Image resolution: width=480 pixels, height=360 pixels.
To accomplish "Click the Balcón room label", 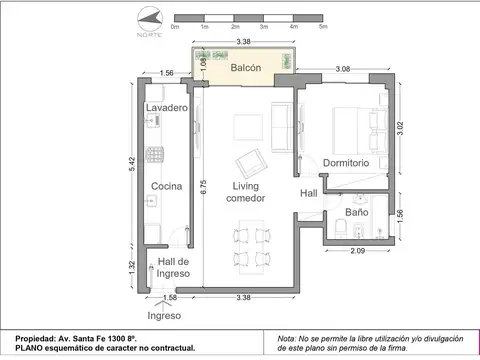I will tap(246, 68).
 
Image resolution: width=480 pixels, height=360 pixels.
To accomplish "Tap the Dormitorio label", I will tap(346, 162).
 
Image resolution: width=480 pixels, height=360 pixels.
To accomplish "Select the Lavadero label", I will tap(166, 107).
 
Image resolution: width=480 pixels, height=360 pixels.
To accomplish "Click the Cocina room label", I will tap(166, 187).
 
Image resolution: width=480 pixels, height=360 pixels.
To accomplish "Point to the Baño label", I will tap(357, 212).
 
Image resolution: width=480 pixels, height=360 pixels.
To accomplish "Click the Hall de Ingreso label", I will tap(174, 267).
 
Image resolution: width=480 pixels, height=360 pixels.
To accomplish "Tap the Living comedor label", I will tap(246, 192).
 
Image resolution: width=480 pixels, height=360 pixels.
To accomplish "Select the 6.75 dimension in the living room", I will tap(204, 189).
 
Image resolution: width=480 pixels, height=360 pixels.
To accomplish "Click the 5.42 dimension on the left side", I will tap(132, 168).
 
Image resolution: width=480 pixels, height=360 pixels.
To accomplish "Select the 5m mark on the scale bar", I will tap(323, 27).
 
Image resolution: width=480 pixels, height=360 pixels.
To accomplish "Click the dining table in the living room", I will tap(247, 248).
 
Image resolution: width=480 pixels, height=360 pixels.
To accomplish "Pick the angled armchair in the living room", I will tap(250, 163).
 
